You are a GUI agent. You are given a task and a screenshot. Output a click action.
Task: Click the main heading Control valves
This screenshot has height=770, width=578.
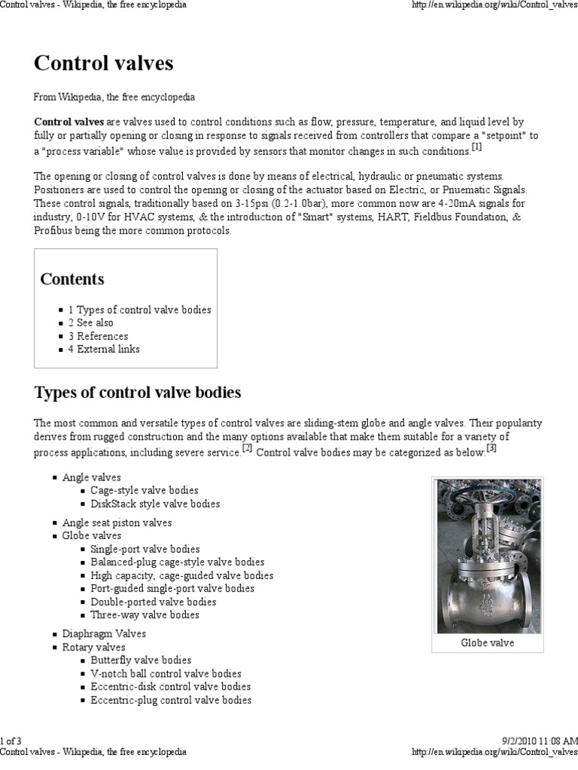pos(104,63)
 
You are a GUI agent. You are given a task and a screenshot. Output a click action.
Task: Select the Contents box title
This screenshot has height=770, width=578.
pos(72,279)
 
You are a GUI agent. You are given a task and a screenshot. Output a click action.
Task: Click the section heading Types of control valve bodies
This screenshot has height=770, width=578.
pos(138,393)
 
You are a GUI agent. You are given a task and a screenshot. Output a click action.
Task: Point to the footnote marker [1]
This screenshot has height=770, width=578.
pos(476,147)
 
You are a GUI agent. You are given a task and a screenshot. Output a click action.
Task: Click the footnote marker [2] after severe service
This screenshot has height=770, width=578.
pos(247,449)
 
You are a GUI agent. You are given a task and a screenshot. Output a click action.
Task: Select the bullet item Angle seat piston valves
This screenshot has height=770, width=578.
pos(117,523)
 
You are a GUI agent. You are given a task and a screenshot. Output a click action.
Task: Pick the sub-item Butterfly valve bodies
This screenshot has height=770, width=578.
pos(141,660)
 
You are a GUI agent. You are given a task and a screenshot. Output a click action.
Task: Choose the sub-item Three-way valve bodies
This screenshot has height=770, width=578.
pos(144,614)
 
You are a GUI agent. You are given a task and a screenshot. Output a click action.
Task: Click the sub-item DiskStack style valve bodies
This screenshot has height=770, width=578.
pos(155,504)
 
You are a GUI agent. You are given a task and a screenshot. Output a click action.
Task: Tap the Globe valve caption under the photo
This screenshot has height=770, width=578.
pos(487,644)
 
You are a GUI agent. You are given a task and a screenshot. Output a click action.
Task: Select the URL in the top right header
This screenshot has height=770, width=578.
pos(494,5)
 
